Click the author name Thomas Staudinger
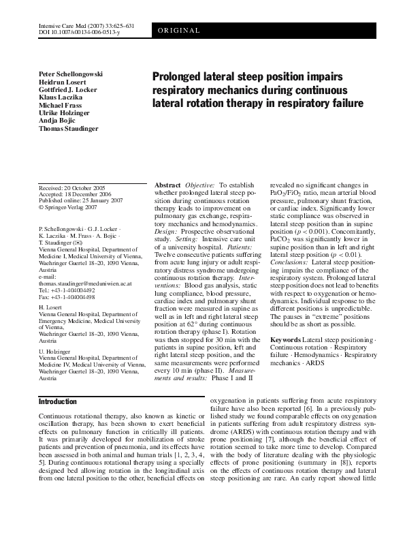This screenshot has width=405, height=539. coord(69,128)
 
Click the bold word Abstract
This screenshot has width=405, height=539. coord(167,185)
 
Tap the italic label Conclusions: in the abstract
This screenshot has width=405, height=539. coord(290,281)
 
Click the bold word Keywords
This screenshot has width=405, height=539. coord(285,339)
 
